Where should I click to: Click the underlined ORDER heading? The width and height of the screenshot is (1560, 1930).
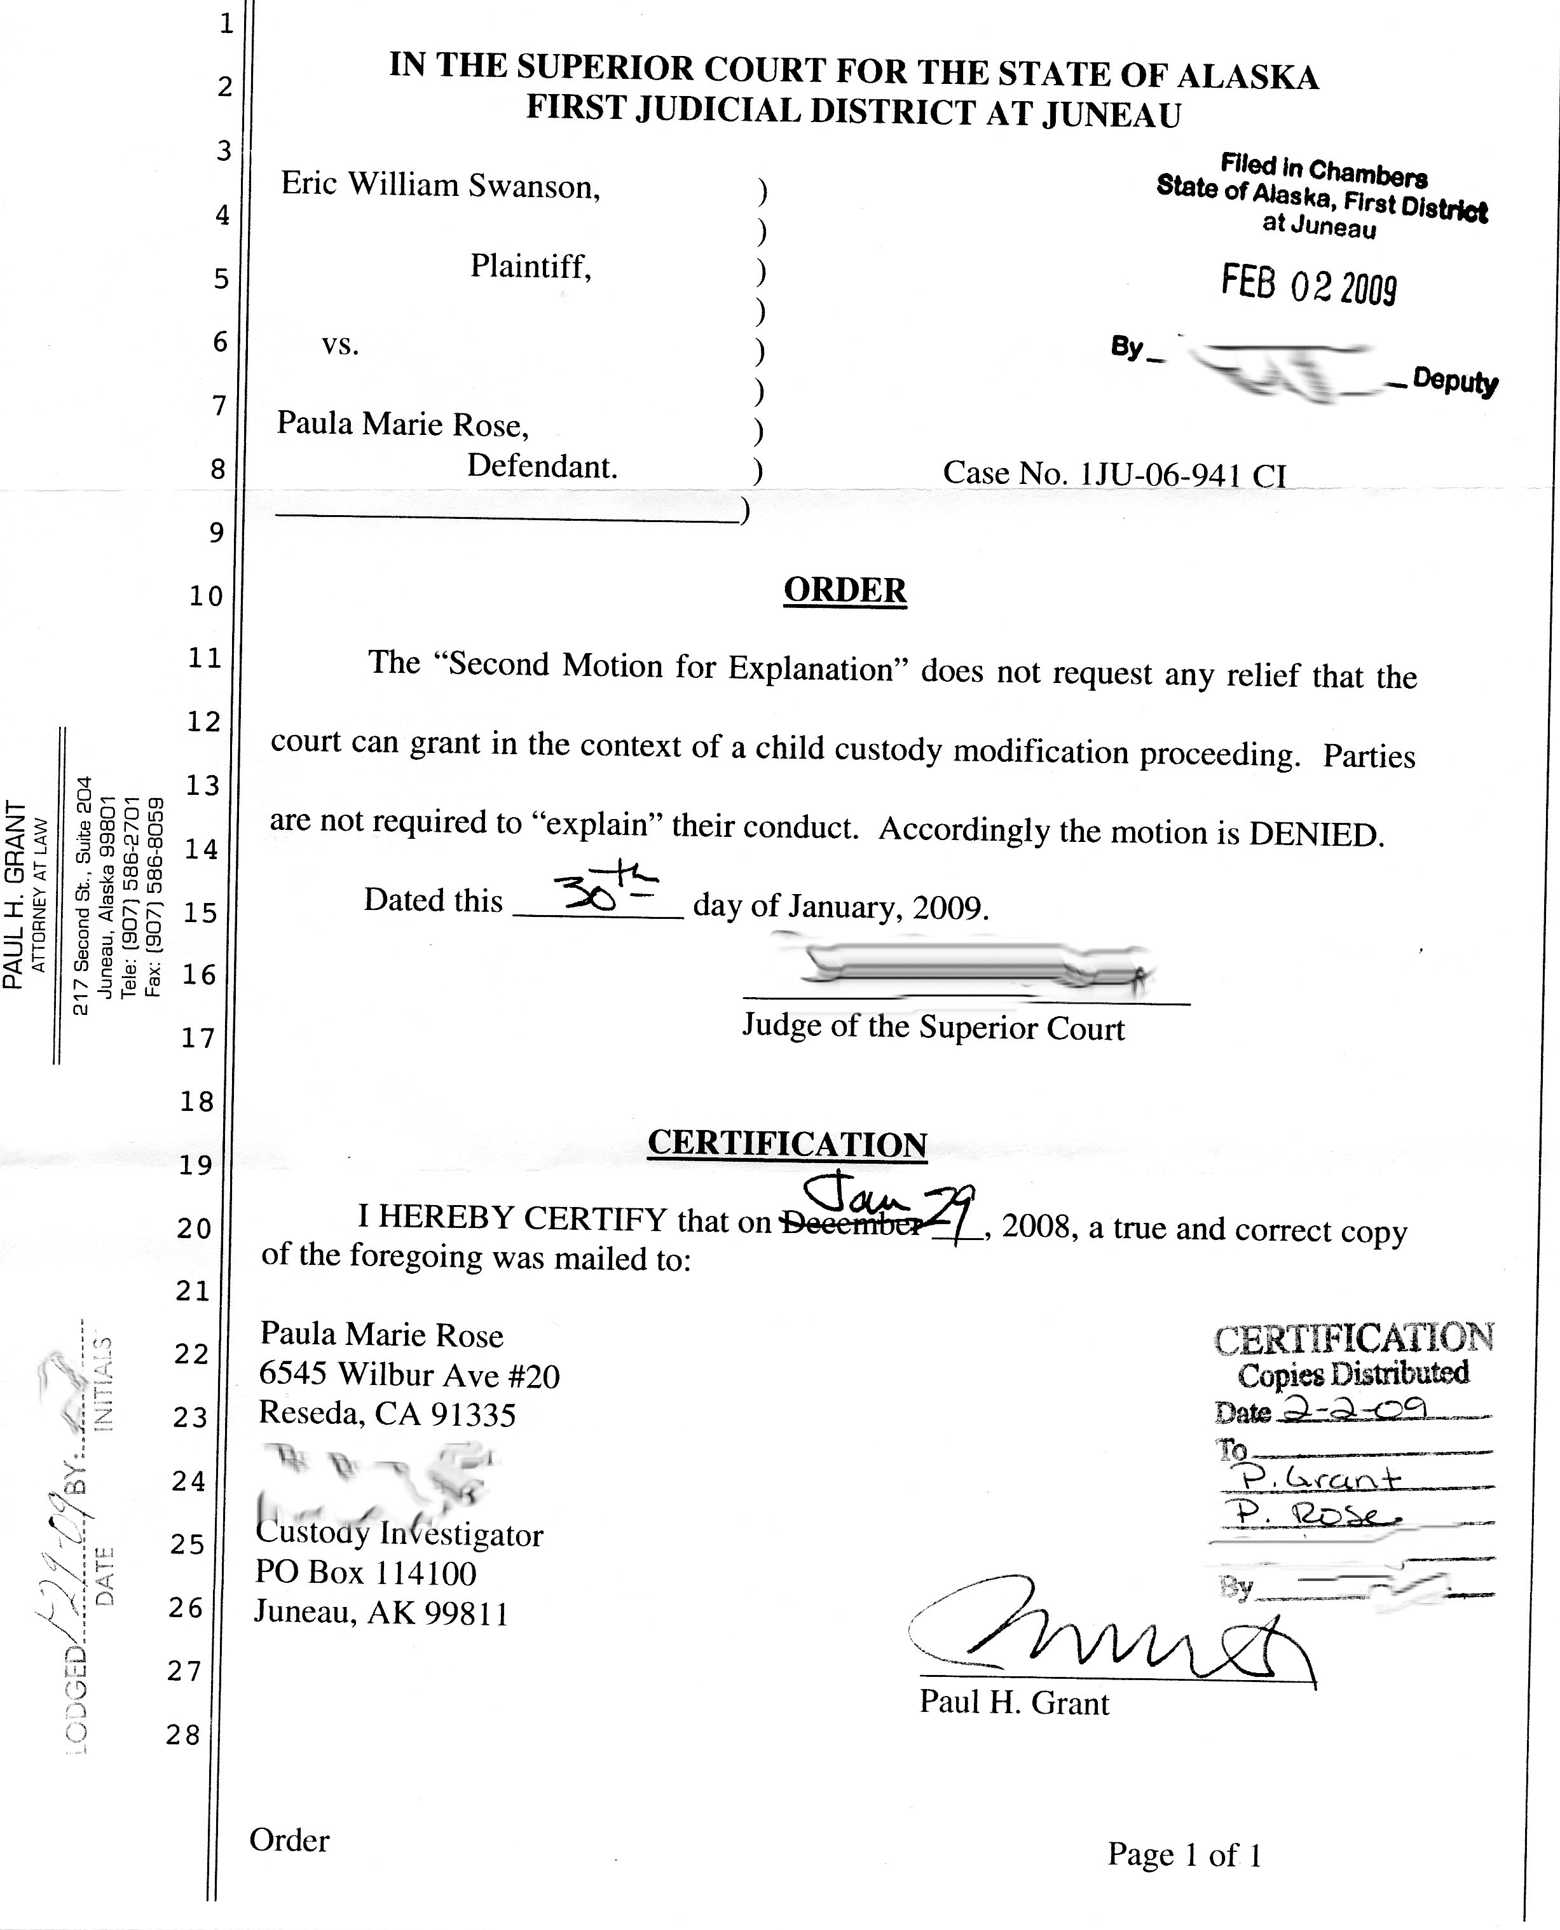tap(845, 591)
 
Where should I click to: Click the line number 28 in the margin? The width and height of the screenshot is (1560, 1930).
tap(183, 1735)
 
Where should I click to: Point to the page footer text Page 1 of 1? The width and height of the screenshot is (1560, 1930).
tap(1184, 1854)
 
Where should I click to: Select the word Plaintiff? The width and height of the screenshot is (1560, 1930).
tap(530, 266)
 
